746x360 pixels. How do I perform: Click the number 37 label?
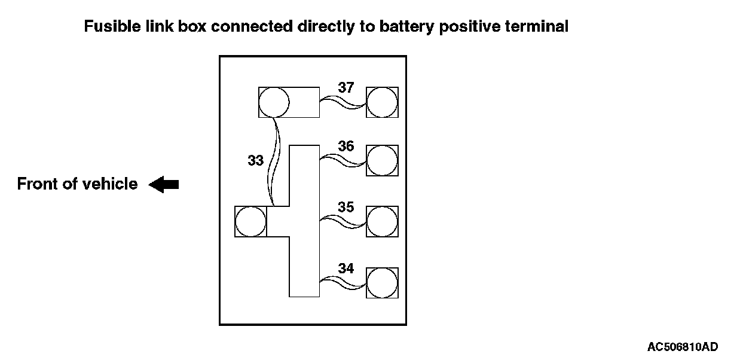pos(346,87)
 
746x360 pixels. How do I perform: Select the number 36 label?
pos(346,146)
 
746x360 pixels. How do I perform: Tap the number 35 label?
pos(346,207)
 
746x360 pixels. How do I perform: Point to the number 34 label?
pos(346,269)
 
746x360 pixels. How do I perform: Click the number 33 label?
pos(255,160)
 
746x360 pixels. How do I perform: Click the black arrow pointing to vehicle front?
pos(164,185)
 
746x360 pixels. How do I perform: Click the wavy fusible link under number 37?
pos(343,102)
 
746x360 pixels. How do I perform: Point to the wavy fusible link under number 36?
pos(343,160)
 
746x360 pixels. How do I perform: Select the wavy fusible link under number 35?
pos(343,222)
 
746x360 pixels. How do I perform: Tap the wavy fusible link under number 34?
pos(343,283)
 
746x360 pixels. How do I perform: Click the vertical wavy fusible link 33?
pos(274,161)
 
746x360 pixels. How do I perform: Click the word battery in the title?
pos(406,27)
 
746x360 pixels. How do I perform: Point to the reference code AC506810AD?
pos(683,347)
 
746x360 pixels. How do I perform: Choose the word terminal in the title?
pos(537,26)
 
